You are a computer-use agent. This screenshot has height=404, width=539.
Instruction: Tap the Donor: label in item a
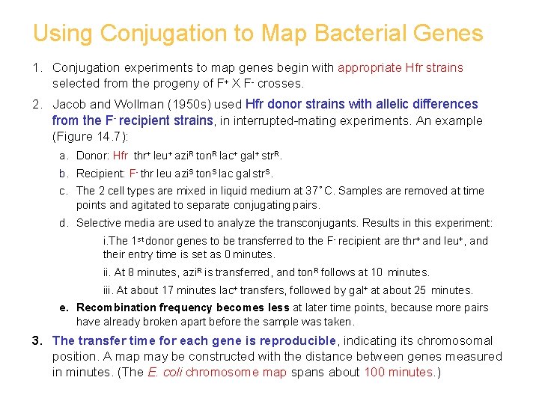[x=93, y=156]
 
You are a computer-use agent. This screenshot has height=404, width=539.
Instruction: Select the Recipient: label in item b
[x=101, y=174]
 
